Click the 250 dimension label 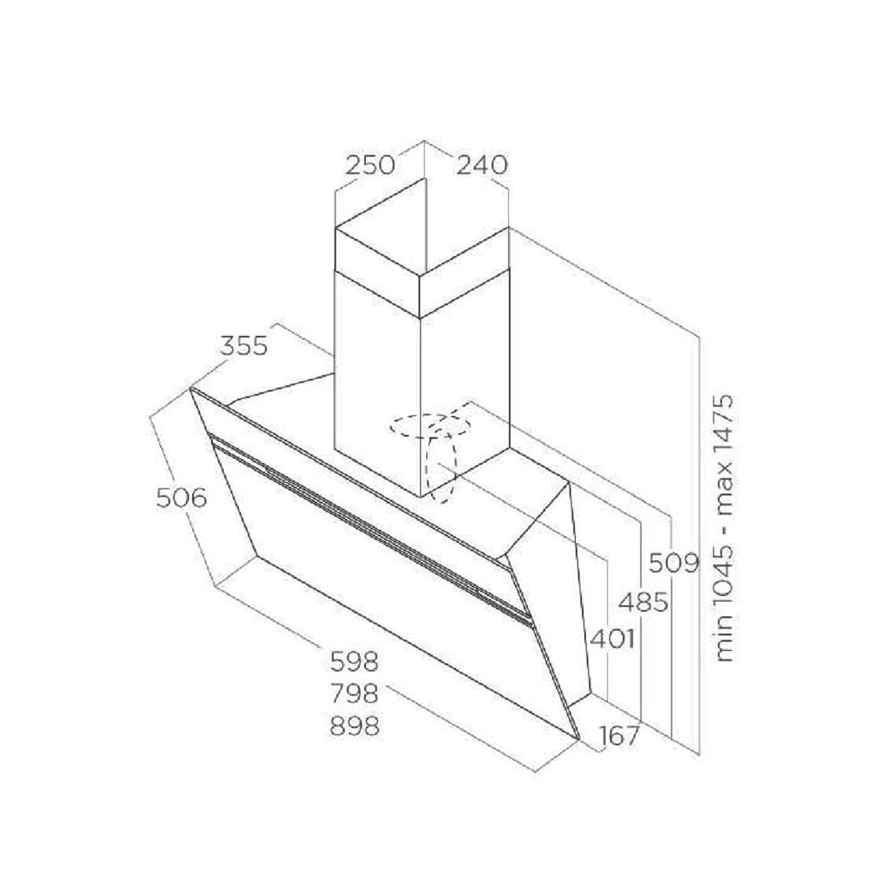(x=371, y=165)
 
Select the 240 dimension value (x=482, y=165)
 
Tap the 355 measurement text (x=244, y=346)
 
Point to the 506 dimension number (x=181, y=498)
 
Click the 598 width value (x=355, y=662)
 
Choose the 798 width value (x=355, y=694)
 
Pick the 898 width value (x=355, y=726)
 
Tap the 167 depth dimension (x=620, y=736)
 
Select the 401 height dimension (x=612, y=639)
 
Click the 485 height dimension (x=644, y=602)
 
